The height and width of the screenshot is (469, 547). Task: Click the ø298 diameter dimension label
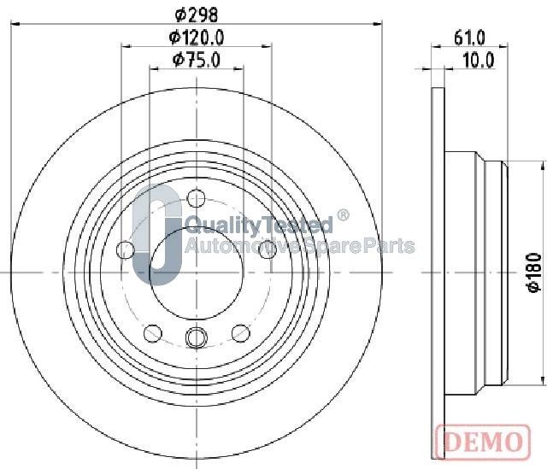click(x=197, y=14)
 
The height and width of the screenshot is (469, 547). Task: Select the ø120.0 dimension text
click(x=197, y=38)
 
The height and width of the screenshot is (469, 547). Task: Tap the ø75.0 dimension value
click(x=197, y=60)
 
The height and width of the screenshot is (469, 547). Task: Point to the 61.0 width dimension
click(x=469, y=38)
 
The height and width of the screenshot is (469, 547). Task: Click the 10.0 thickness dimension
click(x=479, y=60)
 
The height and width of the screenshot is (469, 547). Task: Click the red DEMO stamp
click(x=483, y=442)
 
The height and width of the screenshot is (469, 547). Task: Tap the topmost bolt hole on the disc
click(x=196, y=198)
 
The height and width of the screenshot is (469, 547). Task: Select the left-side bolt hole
click(x=126, y=249)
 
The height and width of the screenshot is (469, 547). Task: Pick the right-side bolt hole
click(x=268, y=249)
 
